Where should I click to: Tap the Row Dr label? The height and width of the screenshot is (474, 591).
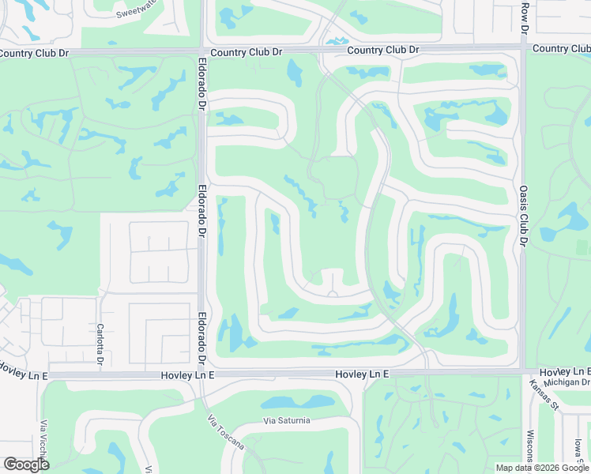[525, 17]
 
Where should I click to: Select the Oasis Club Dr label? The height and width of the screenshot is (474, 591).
[523, 216]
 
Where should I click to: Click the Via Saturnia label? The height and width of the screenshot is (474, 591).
[288, 420]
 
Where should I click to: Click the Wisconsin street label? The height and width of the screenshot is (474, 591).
[529, 446]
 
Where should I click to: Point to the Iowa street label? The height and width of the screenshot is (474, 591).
[578, 453]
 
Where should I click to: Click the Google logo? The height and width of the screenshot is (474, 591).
[26, 465]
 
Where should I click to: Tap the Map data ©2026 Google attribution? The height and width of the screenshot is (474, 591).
[543, 468]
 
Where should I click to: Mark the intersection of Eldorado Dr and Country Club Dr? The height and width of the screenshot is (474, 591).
[202, 52]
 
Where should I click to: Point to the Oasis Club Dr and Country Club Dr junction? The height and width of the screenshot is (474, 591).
[523, 48]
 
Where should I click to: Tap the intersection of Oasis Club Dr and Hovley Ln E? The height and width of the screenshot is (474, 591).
[523, 371]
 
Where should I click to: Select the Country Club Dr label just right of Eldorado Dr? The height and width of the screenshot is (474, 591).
[247, 52]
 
